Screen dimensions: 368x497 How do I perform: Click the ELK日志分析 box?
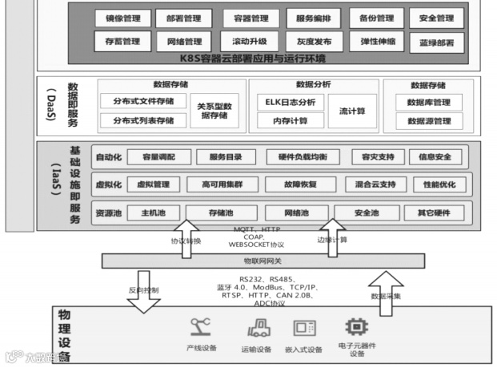291,102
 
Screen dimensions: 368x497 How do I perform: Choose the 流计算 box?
352,111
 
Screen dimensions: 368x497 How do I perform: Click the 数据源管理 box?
428,121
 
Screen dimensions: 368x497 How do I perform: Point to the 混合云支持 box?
375,184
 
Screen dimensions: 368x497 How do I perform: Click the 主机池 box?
153,212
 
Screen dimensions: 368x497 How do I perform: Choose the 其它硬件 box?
433,212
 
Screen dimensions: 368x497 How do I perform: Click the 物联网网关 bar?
263,261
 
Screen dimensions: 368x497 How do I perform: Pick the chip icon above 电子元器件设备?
355,327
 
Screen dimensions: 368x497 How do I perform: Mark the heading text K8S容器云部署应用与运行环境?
253,57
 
